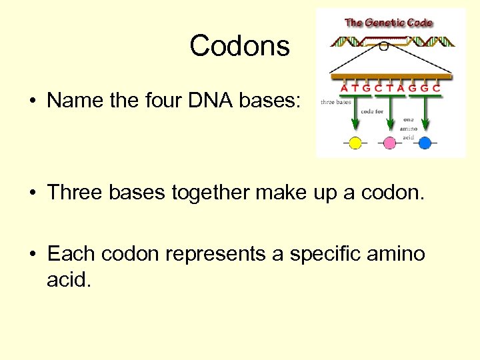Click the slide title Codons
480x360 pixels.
coord(239,47)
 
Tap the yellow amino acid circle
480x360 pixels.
coord(355,142)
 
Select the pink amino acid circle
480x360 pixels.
coord(390,142)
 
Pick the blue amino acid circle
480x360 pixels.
coord(425,142)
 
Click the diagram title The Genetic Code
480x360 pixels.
coord(388,23)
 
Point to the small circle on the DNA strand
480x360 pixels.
coord(383,46)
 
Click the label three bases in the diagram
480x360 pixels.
coord(336,103)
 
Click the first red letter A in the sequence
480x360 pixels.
coord(344,88)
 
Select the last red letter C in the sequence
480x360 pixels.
coord(435,88)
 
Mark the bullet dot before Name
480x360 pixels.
coord(32,101)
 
